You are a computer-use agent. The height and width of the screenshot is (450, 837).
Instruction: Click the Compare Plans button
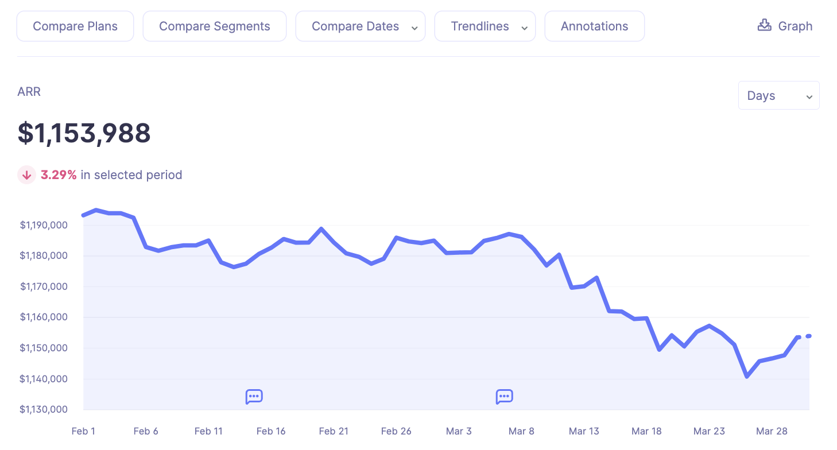75,26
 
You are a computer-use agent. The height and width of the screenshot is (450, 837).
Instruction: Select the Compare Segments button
214,26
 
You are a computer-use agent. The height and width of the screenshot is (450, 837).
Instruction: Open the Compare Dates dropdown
360,26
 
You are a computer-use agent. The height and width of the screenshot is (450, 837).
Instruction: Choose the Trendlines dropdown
485,26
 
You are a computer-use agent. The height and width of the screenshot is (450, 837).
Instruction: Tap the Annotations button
594,26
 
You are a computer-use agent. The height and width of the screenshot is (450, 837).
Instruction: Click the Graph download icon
764,25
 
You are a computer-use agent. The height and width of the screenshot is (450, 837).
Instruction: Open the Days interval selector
778,96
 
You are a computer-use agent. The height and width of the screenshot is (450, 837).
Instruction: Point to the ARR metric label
29,92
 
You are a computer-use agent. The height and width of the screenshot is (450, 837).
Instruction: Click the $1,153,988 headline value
84,133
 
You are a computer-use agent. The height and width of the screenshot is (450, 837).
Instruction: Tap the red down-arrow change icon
26,175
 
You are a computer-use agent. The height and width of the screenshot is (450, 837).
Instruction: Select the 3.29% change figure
59,175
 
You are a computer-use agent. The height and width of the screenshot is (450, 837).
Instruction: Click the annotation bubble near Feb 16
254,397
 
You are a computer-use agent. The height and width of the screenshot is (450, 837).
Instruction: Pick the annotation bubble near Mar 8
504,397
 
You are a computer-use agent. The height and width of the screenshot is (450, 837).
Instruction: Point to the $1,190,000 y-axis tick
44,225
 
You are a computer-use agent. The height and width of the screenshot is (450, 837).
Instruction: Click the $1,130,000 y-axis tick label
44,409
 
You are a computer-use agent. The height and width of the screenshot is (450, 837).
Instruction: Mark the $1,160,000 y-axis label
44,317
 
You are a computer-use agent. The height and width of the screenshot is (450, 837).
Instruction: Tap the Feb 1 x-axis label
83,431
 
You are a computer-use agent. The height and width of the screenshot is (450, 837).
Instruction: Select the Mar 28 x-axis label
772,431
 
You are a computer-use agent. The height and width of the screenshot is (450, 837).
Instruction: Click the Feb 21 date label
334,431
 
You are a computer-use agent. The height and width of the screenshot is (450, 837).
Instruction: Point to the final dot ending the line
808,336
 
